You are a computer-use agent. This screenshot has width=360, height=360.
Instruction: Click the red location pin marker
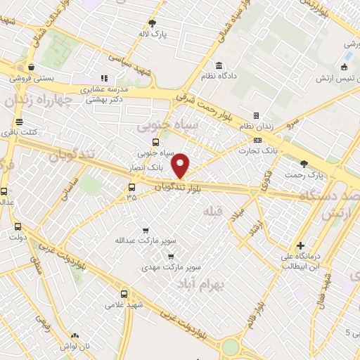181,166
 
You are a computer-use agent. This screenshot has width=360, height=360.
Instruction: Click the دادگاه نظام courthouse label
221,75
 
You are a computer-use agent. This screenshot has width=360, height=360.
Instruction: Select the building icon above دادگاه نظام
220,65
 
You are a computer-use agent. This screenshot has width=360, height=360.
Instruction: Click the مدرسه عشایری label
102,89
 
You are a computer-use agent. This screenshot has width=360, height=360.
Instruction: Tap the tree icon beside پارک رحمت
303,164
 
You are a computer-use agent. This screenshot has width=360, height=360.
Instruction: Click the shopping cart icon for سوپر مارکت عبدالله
145,230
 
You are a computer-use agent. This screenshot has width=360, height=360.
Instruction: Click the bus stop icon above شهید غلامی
124,295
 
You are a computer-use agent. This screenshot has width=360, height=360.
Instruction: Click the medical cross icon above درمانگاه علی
300,247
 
